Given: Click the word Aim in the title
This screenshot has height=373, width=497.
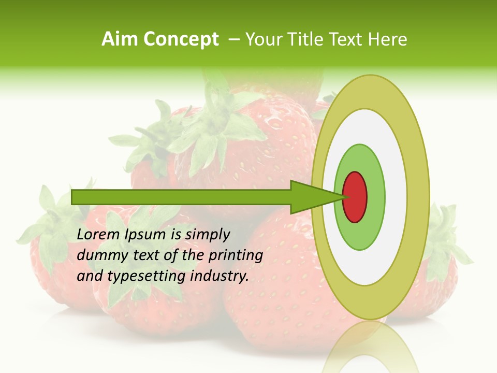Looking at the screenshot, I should [120, 39].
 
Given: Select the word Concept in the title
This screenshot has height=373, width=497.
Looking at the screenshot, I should [181, 39].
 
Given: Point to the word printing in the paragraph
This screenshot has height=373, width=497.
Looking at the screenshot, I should [236, 255].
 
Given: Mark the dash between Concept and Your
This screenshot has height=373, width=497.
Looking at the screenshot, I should [234, 39].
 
